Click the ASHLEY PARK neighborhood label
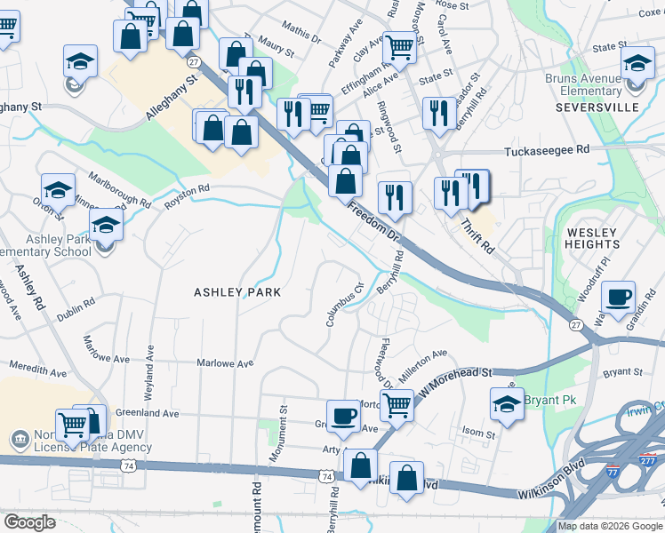[x=237, y=291]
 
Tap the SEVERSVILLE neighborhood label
[x=597, y=107]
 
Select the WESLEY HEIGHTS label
[x=592, y=238]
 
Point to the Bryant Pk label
[x=550, y=401]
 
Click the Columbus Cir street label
[x=345, y=304]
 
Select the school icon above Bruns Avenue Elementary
[x=637, y=63]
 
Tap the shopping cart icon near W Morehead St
[x=397, y=404]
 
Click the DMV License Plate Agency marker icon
[x=18, y=439]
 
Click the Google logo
[x=30, y=522]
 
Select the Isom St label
[x=478, y=434]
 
